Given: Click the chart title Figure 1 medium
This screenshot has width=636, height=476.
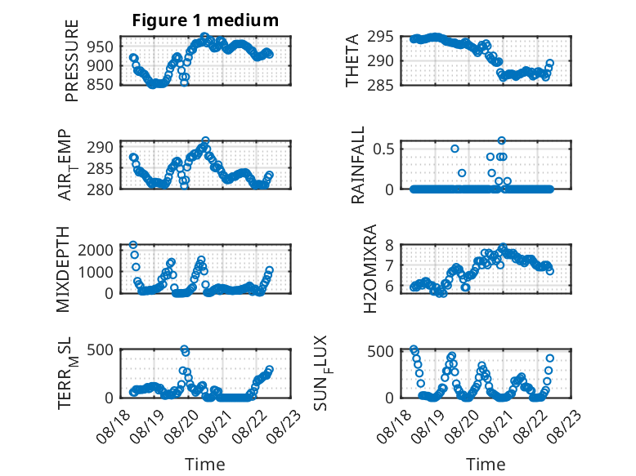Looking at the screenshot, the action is (205, 20).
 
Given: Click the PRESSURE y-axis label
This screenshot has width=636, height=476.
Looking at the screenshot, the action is (71, 60).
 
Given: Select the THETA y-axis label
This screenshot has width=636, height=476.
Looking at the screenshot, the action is (352, 60).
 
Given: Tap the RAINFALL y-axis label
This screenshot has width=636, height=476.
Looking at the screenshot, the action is (358, 165).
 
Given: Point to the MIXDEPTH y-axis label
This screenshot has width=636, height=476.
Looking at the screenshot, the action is (63, 269).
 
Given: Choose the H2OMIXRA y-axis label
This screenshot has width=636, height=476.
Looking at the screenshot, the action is (370, 269).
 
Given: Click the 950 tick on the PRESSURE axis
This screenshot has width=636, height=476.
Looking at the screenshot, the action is (101, 47).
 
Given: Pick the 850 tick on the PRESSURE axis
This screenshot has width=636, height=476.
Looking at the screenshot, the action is (101, 85).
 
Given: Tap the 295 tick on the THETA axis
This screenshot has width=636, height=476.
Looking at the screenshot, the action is (380, 37).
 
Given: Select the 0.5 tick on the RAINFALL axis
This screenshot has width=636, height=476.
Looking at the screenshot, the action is (383, 149).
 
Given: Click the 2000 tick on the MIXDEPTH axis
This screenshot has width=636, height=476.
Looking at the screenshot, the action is (96, 250).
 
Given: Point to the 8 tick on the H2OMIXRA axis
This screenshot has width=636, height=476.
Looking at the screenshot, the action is (389, 245).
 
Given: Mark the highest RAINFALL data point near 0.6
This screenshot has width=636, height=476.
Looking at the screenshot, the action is (502, 140).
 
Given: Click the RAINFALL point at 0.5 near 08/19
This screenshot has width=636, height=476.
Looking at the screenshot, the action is (455, 149).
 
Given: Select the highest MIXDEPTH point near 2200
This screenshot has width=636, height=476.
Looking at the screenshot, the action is (133, 245).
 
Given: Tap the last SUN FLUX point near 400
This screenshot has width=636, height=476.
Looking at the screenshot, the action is (550, 358).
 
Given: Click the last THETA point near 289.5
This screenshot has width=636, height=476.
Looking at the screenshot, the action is (550, 63).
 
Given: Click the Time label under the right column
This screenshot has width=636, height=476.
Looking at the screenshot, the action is (486, 465).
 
